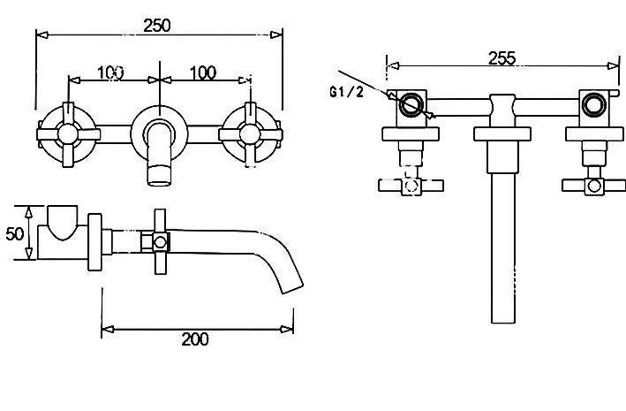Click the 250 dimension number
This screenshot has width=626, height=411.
point(159,25)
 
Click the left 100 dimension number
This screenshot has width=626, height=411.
point(109,72)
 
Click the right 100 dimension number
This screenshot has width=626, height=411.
point(203,72)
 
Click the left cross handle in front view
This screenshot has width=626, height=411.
point(66,133)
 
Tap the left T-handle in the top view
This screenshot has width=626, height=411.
point(409,185)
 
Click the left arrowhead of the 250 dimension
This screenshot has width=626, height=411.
point(41,35)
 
